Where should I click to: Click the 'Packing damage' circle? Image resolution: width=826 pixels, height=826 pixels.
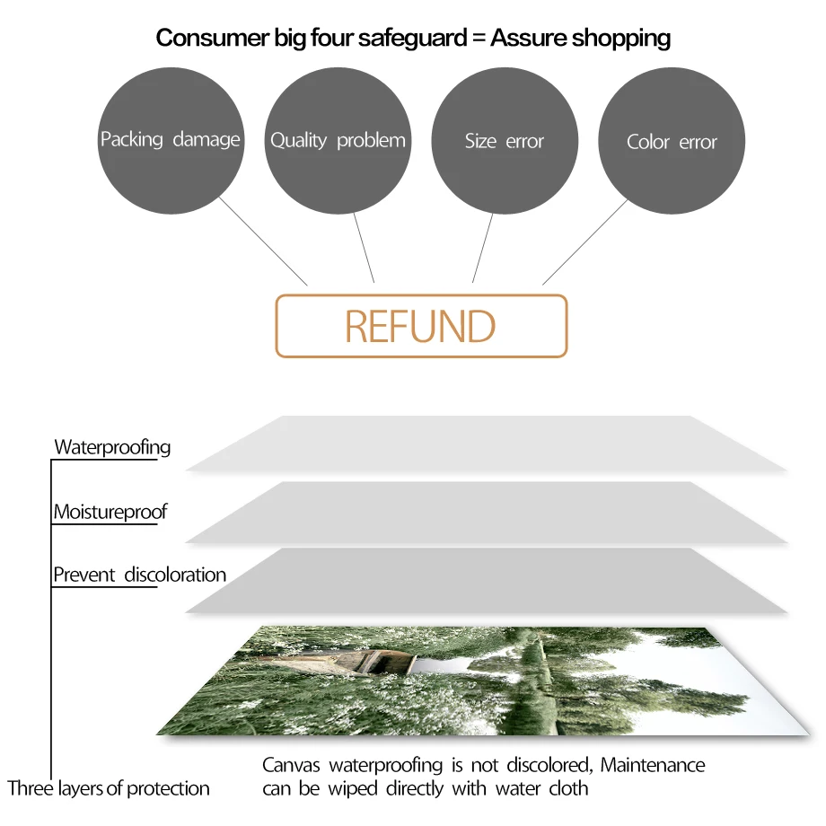(170, 140)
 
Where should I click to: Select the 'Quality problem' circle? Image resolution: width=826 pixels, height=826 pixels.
(338, 140)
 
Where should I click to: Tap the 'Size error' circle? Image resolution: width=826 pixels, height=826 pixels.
(505, 141)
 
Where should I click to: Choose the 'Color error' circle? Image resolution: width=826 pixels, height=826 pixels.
(672, 142)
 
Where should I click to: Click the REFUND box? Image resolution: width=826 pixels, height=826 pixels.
(421, 326)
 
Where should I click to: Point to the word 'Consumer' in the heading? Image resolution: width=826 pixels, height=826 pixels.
(203, 38)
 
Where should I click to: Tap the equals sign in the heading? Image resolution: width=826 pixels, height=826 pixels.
(474, 39)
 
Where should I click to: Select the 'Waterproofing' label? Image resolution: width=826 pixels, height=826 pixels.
(112, 447)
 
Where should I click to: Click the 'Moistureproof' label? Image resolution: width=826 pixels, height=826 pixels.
(110, 513)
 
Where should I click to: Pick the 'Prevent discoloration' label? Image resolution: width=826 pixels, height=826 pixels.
(139, 575)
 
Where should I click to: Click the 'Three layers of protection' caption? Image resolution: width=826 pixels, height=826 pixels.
(109, 789)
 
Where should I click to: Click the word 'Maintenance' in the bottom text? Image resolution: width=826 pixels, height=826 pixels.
(653, 766)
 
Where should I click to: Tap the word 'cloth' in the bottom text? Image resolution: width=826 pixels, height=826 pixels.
(568, 789)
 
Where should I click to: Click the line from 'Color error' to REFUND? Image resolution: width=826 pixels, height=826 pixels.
(585, 242)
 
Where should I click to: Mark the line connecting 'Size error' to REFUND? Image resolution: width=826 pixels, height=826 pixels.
(483, 249)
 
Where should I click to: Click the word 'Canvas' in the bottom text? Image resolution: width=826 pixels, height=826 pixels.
(292, 766)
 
